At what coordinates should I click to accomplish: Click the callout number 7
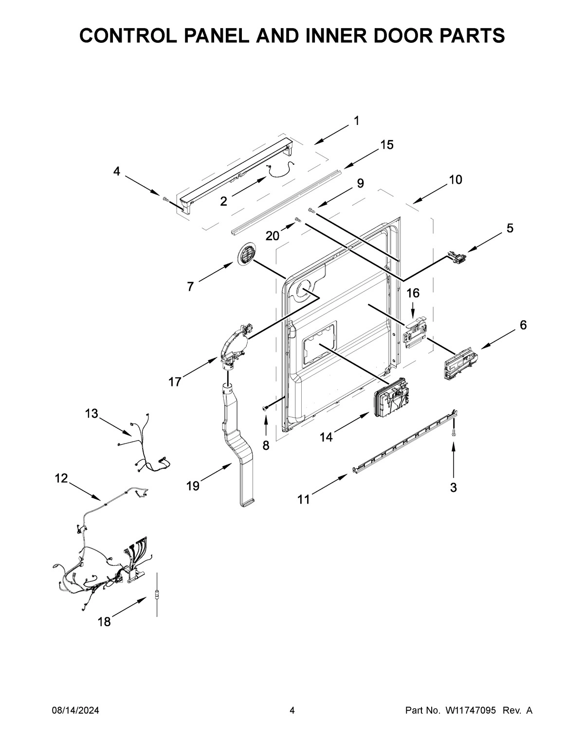click(190, 287)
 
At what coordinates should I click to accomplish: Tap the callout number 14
click(326, 438)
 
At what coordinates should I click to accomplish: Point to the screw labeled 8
click(266, 408)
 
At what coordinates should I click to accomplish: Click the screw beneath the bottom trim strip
click(454, 431)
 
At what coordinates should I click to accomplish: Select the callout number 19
click(193, 486)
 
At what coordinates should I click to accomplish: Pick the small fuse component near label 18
click(157, 595)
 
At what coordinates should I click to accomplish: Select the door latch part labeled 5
click(457, 256)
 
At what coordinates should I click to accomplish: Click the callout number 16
click(413, 293)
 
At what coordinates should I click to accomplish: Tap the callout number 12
click(61, 478)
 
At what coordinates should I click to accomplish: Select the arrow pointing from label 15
click(360, 158)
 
